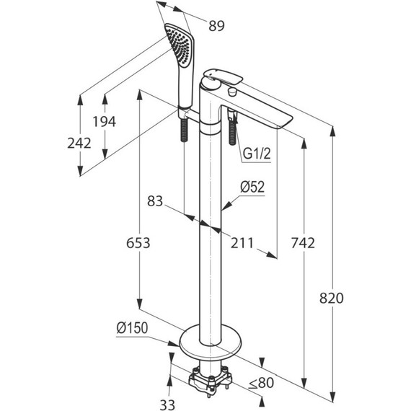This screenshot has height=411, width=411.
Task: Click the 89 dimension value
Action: coord(216,26)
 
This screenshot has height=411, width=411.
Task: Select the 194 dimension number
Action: coord(105,122)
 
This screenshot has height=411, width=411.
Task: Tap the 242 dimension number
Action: coord(79,143)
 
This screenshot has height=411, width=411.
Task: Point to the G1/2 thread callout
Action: coord(257,154)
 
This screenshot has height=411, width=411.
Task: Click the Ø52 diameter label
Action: coord(252,187)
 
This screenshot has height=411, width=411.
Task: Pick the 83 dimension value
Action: coord(155,201)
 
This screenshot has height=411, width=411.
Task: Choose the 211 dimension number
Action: coord(242,243)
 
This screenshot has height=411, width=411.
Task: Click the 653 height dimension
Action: coord(138,243)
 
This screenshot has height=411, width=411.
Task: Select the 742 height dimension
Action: coord(303,243)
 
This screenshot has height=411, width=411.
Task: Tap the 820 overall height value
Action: coord(331,299)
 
